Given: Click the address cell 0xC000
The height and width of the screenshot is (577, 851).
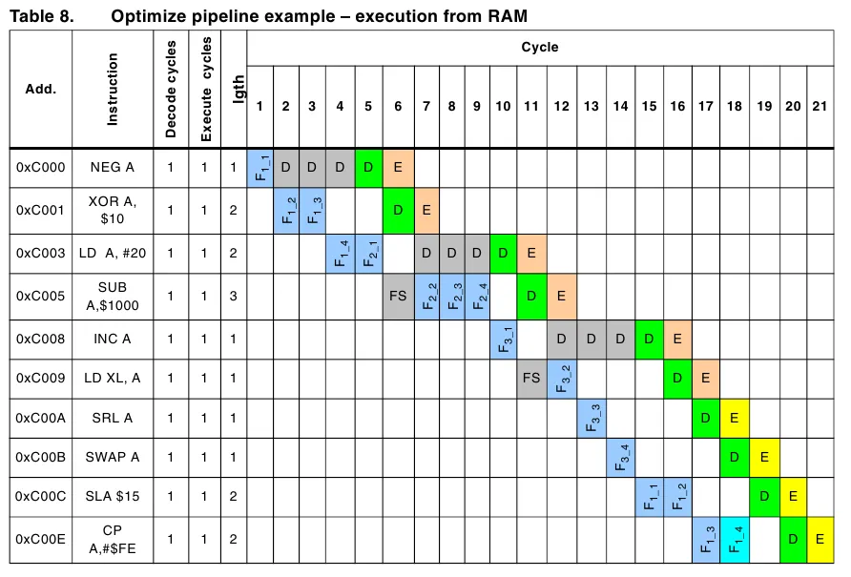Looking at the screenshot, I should pyautogui.click(x=41, y=168).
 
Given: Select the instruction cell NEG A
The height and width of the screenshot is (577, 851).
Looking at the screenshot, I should pyautogui.click(x=113, y=168).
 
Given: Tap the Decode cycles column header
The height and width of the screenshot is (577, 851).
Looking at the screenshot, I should pyautogui.click(x=172, y=90).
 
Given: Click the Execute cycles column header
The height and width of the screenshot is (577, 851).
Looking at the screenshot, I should pyautogui.click(x=206, y=90).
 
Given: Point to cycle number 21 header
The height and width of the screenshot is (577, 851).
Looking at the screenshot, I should pyautogui.click(x=820, y=107).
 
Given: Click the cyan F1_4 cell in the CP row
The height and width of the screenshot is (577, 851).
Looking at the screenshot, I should pyautogui.click(x=735, y=541).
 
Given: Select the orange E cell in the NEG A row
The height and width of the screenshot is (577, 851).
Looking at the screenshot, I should pyautogui.click(x=398, y=168).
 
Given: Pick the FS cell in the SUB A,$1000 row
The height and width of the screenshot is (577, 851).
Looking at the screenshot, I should pyautogui.click(x=398, y=297).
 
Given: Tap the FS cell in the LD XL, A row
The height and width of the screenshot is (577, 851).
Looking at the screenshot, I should pyautogui.click(x=531, y=379).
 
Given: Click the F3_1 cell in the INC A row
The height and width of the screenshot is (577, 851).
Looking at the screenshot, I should pyautogui.click(x=505, y=340).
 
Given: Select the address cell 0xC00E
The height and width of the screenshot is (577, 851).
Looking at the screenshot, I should pyautogui.click(x=41, y=541).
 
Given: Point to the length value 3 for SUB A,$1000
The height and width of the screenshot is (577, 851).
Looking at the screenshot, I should pyautogui.click(x=233, y=297).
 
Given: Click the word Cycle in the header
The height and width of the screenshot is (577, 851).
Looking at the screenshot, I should pyautogui.click(x=540, y=47).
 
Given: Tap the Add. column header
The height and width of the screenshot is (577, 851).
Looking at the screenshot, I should pyautogui.click(x=41, y=90).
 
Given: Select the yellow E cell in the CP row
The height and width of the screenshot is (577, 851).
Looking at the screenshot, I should pyautogui.click(x=820, y=541).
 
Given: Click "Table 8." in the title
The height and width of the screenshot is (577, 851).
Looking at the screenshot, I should pyautogui.click(x=40, y=15).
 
